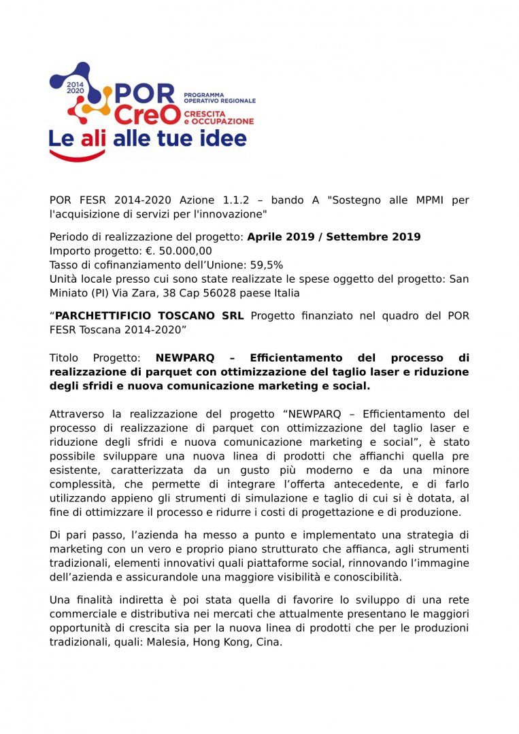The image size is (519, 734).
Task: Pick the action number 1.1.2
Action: click(x=239, y=200)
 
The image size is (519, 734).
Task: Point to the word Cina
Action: click(x=268, y=642)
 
